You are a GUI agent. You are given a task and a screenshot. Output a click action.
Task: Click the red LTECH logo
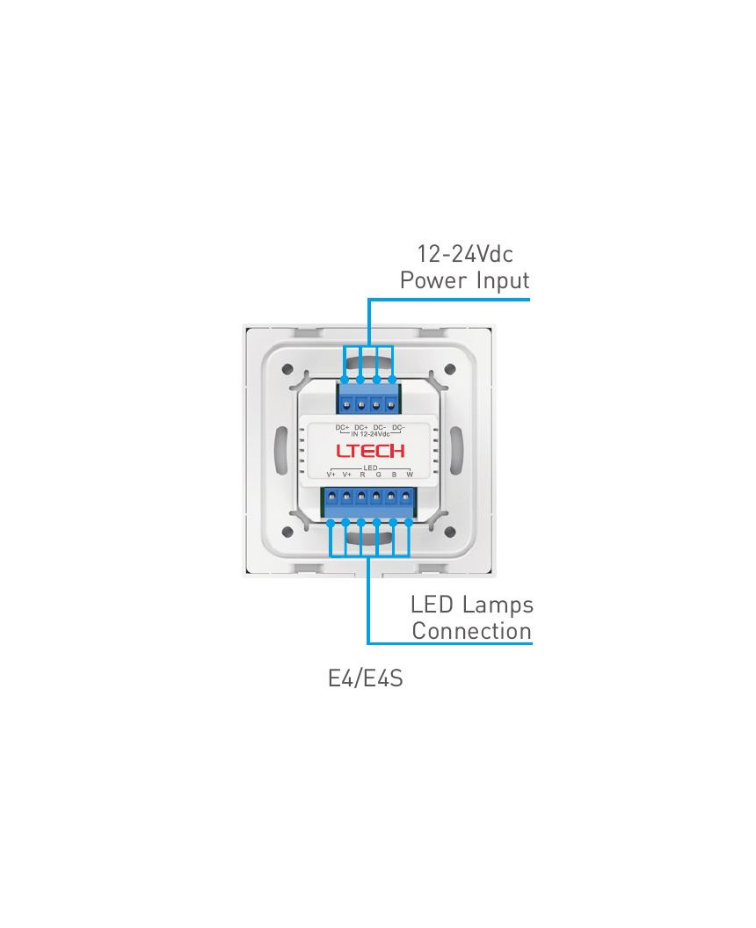coord(370,451)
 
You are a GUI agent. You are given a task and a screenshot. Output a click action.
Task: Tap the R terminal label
coord(362,475)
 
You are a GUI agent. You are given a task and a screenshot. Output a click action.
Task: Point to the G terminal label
coord(378,475)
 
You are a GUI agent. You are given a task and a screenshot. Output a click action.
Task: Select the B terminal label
coord(394,475)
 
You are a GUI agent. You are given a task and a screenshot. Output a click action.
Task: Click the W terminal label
coord(409,475)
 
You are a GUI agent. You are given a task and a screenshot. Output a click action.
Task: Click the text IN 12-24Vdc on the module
coord(370,434)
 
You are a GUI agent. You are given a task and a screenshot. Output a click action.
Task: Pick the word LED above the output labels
coord(370,468)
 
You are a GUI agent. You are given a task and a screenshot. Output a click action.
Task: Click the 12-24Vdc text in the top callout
coord(465,254)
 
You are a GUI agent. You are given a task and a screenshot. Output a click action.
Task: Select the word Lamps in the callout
coord(498,605)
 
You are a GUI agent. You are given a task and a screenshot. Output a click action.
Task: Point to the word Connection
coord(471,631)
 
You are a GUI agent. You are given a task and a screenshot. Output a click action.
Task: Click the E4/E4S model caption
coord(366,678)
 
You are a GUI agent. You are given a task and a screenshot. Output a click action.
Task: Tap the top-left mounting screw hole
coord(287,369)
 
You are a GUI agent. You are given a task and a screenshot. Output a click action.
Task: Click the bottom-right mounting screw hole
coord(449,532)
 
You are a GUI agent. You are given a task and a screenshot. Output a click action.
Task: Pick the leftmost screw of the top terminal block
coord(345,405)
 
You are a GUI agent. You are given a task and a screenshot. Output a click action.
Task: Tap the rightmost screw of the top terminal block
coord(390,405)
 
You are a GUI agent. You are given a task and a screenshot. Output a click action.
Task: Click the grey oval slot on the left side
coord(281,451)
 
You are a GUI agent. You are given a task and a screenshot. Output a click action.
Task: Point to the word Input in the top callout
coord(503,281)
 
